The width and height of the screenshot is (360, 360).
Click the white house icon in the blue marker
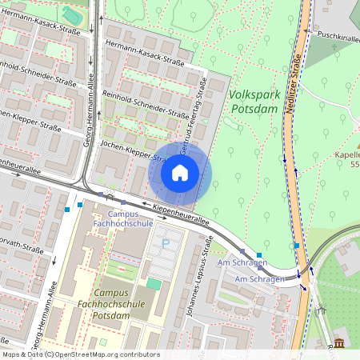(180, 173)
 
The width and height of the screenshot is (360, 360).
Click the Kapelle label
(347, 154)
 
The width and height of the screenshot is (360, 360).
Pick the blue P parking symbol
(166, 243)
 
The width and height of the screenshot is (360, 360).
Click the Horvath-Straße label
(21, 248)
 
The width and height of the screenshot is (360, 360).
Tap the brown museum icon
(338, 343)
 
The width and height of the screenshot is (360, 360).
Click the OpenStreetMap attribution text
(80, 354)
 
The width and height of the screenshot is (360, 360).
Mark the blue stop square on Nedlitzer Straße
(297, 246)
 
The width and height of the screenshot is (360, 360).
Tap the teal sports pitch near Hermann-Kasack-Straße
(72, 15)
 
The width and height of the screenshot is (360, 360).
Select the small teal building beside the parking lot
(153, 283)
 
